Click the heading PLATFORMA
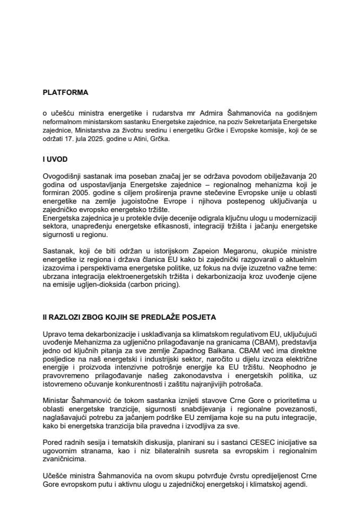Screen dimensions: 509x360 click(65, 92)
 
